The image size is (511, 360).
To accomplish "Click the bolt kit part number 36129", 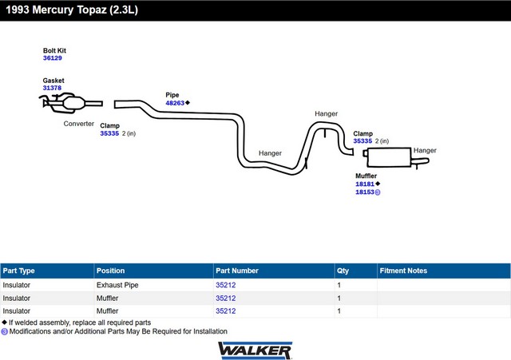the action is click(53, 58).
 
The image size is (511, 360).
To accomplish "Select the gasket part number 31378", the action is click(52, 88).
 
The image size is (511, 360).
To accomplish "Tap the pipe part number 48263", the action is click(175, 103).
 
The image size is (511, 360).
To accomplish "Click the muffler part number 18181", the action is click(365, 184).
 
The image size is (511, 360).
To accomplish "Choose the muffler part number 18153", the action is click(365, 192).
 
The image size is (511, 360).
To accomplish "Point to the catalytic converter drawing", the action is click(71, 103).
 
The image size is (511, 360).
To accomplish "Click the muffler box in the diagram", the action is click(389, 157).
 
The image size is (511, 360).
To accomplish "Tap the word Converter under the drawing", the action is click(79, 124).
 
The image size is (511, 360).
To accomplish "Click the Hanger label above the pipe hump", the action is click(327, 113).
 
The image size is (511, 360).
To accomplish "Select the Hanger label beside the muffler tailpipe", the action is click(425, 151).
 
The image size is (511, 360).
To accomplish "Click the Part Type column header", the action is click(19, 271).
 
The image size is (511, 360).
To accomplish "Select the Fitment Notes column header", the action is click(403, 271).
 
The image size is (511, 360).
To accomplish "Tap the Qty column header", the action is click(343, 271).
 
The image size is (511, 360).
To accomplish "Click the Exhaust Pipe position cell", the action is click(117, 285).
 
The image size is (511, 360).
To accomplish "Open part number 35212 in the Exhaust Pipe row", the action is click(225, 285).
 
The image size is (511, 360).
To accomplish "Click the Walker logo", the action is click(255, 350).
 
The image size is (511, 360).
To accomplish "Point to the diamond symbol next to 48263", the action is click(188, 103).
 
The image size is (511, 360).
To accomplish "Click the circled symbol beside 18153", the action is click(378, 192).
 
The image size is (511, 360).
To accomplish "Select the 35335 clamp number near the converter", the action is click(109, 133).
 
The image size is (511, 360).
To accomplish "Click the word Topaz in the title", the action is click(92, 10).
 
